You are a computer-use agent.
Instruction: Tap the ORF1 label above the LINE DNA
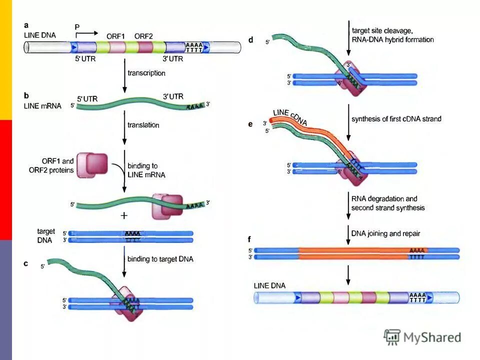(x=115, y=36)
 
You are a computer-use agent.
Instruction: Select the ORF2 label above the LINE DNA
(x=144, y=36)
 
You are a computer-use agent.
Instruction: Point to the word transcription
(x=146, y=73)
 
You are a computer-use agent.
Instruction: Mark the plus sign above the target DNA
(x=124, y=215)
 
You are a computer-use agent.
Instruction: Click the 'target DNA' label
(x=46, y=235)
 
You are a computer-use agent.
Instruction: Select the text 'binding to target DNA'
(x=160, y=259)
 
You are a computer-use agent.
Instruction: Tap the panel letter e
(x=251, y=123)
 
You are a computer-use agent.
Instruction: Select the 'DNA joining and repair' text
(x=385, y=233)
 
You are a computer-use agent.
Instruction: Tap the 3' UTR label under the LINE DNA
(x=173, y=58)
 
